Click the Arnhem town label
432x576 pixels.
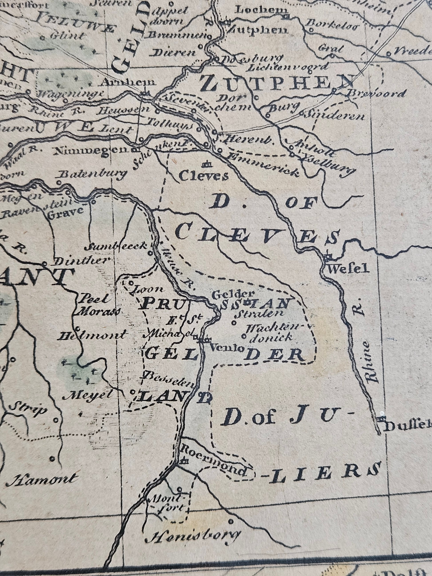pyautogui.click(x=128, y=82)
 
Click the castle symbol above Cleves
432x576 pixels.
pyautogui.click(x=208, y=164)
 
